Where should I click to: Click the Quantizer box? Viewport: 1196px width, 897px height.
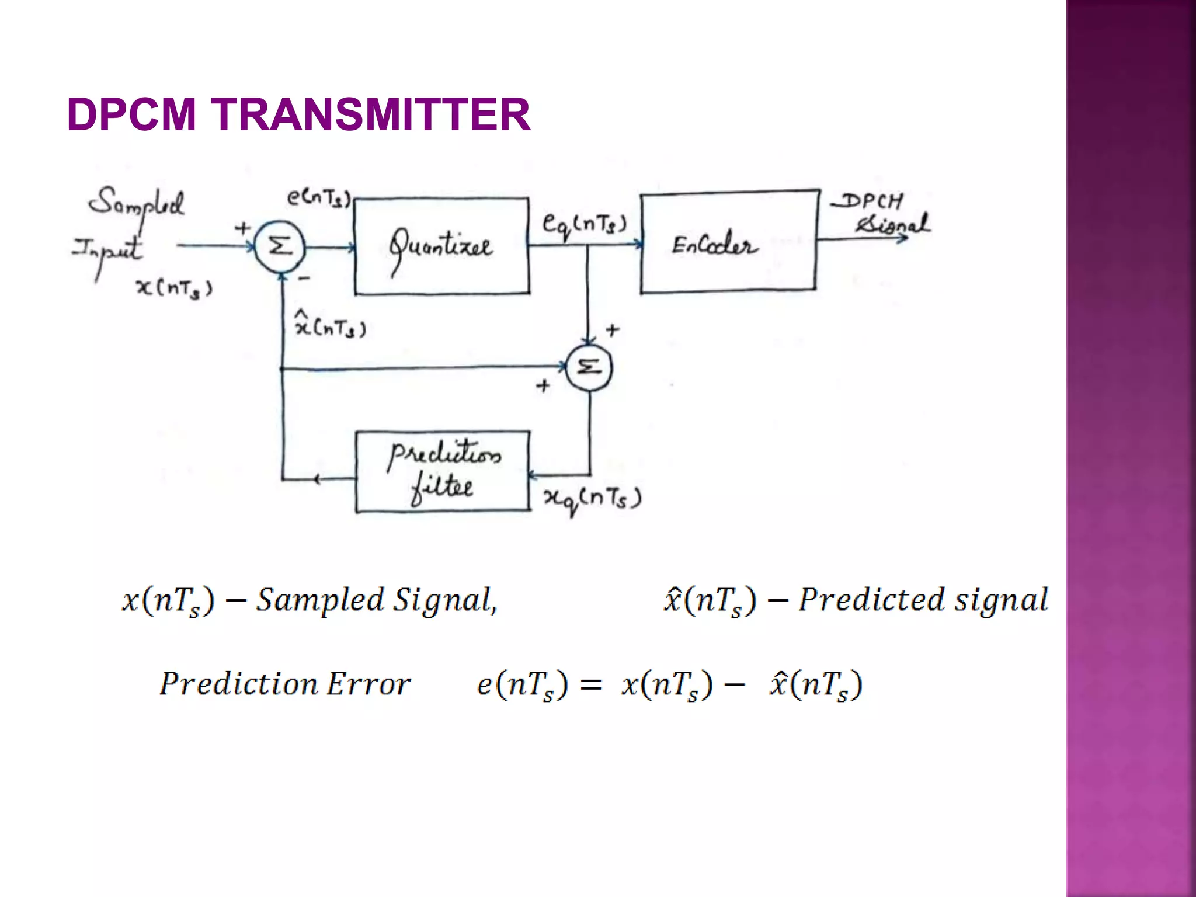pyautogui.click(x=442, y=246)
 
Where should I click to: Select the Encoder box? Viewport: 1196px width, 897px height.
pyautogui.click(x=728, y=241)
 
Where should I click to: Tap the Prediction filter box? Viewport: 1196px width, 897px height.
pyautogui.click(x=443, y=472)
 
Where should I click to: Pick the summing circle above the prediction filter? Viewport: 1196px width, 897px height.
pyautogui.click(x=589, y=368)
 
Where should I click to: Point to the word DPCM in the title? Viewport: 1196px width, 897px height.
pyautogui.click(x=132, y=114)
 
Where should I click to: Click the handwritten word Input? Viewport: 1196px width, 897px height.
pyautogui.click(x=107, y=250)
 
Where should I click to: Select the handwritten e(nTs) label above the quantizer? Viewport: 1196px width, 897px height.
pyautogui.click(x=319, y=199)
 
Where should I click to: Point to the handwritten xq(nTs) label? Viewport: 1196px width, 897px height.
pyautogui.click(x=592, y=499)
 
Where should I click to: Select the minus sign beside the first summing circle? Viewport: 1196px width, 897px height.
pyautogui.click(x=304, y=279)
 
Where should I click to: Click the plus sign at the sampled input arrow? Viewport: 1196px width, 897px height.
pyautogui.click(x=242, y=228)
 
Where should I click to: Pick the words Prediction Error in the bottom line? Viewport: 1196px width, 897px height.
pyautogui.click(x=285, y=684)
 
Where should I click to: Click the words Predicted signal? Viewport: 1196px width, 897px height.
pyautogui.click(x=923, y=600)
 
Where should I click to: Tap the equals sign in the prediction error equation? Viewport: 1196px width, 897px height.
pyautogui.click(x=591, y=685)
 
